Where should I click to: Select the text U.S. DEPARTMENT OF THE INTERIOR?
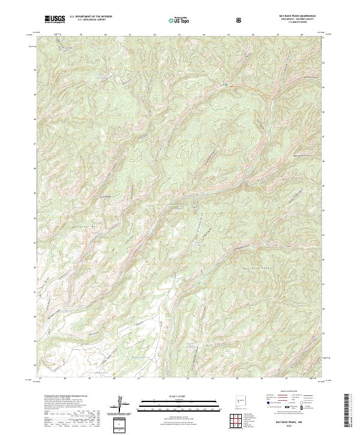point(91,17)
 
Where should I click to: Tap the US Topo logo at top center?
point(181,19)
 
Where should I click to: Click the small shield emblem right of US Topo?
point(240,19)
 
